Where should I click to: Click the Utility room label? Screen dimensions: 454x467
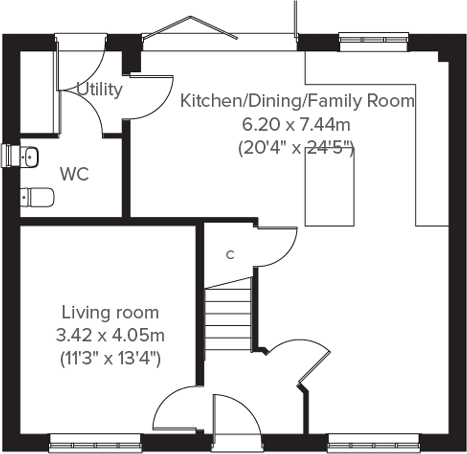(x=99, y=89)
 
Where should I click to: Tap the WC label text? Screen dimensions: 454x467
(x=74, y=174)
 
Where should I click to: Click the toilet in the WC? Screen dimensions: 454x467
(x=37, y=197)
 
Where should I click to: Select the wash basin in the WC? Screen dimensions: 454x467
(x=30, y=157)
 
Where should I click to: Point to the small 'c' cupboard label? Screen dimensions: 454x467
(x=230, y=255)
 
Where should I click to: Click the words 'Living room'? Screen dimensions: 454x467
(x=110, y=313)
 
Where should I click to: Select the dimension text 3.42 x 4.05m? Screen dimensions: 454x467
(x=110, y=335)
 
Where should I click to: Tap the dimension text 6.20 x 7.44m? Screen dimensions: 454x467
(x=296, y=125)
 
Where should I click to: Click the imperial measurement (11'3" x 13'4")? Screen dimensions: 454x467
(x=110, y=358)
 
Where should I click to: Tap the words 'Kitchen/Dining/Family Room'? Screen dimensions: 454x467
(x=297, y=101)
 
